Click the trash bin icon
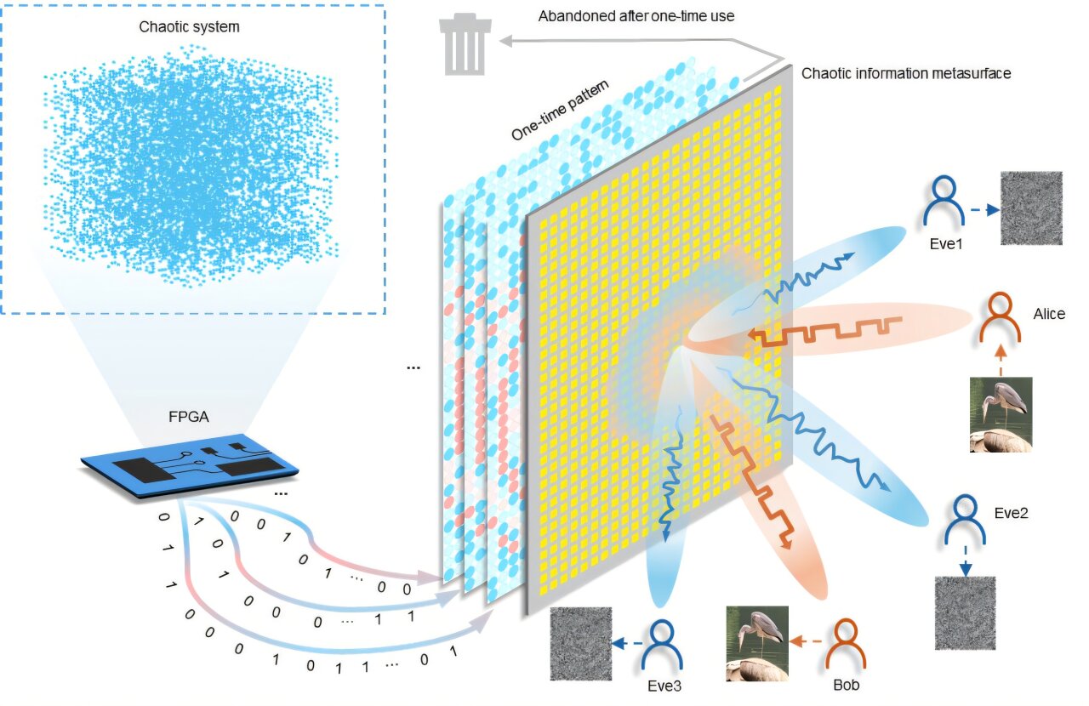464,46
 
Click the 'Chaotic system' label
190,26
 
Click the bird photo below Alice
1001,414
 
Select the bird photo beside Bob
756,644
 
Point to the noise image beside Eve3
582,643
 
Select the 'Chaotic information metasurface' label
906,73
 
